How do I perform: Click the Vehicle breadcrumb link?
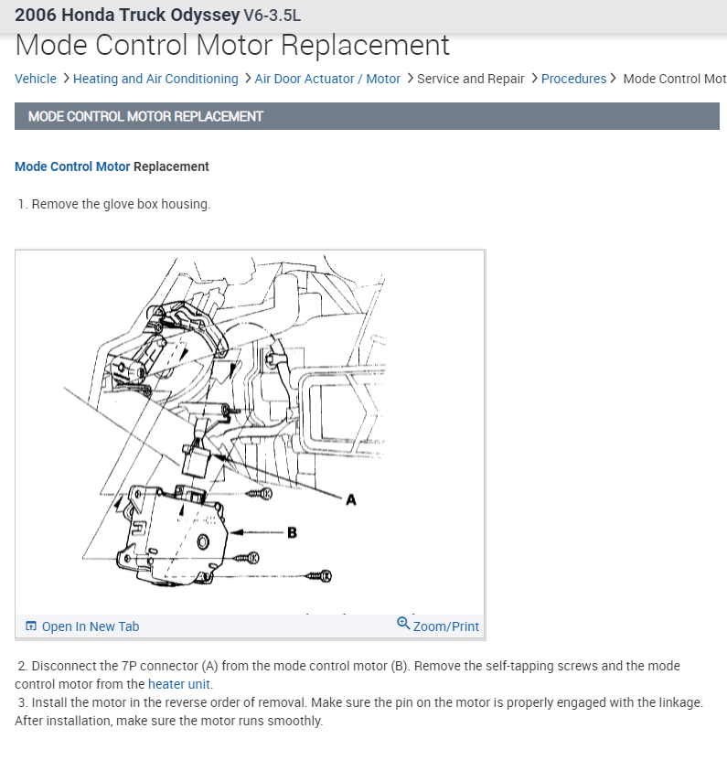point(36,79)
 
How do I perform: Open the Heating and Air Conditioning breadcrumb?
point(155,79)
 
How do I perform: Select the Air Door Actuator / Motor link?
point(327,79)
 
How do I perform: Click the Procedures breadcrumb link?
point(573,79)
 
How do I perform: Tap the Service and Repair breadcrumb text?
point(470,79)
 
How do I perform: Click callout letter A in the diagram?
point(350,499)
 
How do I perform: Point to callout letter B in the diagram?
point(293,532)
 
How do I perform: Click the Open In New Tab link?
point(90,626)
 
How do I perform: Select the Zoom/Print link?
point(446,626)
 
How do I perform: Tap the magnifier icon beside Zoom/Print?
point(403,624)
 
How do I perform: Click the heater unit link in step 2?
point(179,684)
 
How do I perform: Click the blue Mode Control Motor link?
point(72,166)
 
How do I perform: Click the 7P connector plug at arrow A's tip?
point(199,462)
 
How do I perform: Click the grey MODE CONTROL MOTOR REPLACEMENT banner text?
point(145,116)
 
